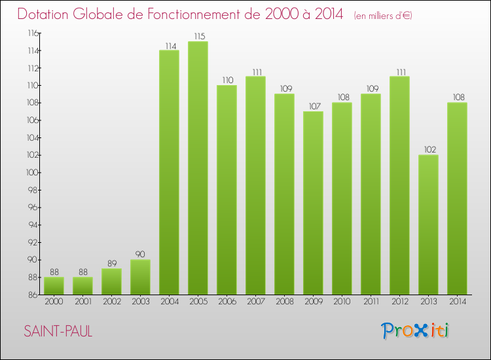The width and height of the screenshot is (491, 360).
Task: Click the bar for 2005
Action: coord(198,168)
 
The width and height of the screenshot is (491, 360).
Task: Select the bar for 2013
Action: coord(428,225)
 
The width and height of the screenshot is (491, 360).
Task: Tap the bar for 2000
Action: coord(54,285)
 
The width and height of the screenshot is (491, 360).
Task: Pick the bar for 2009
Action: coord(313,203)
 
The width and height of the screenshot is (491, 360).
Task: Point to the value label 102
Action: coord(428,149)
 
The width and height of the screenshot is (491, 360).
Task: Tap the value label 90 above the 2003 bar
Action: coord(140,254)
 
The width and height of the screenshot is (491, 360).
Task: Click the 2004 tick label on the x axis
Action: coord(169,301)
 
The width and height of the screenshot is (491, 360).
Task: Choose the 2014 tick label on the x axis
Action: coord(457,301)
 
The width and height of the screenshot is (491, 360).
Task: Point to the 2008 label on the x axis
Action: coord(284,301)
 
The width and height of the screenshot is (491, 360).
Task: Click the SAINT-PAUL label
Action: coord(58,331)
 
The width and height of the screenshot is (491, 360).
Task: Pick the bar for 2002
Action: coord(111,281)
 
